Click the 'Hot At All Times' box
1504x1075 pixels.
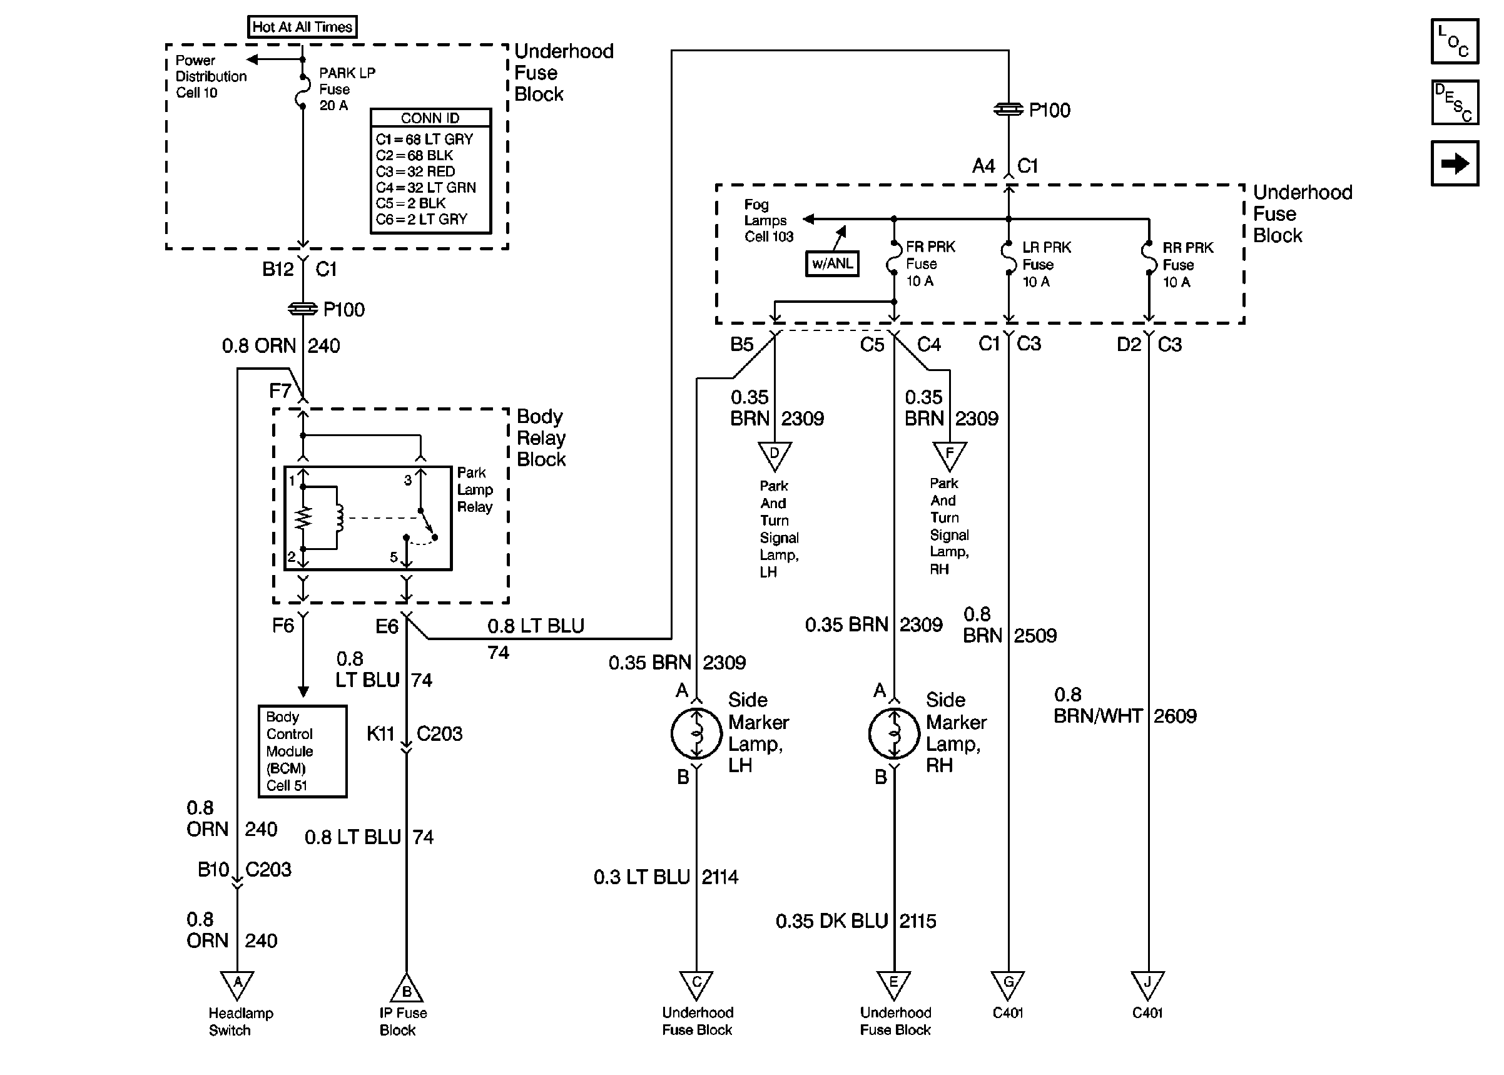[302, 27]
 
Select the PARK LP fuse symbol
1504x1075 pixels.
[302, 91]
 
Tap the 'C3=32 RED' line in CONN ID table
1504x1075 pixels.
[415, 171]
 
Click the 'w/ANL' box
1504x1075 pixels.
[831, 263]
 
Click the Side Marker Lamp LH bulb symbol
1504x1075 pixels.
[696, 733]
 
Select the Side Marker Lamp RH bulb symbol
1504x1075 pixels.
[894, 733]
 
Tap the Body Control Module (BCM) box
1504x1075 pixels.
[302, 751]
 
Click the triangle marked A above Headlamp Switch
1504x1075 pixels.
[237, 984]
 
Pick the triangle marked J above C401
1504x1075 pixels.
[1147, 984]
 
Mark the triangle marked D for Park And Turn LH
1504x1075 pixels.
[774, 456]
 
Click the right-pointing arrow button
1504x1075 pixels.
[1455, 163]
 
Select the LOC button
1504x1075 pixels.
[1455, 41]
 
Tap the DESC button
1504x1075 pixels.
[1455, 102]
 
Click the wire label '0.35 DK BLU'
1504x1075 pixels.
[831, 921]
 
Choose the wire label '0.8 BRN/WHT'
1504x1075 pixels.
[1098, 706]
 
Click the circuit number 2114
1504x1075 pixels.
[720, 877]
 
